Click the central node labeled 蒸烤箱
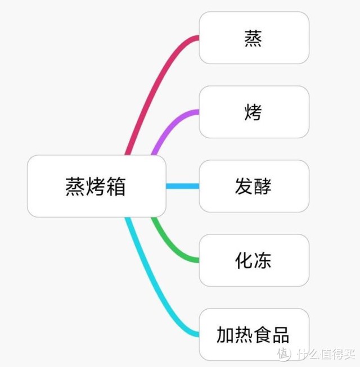pos(97,186)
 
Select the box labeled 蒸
pos(254,38)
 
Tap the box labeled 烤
pos(254,112)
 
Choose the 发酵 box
pos(254,186)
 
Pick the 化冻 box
pos(254,260)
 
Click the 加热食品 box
pos(254,334)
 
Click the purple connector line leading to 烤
pos(168,126)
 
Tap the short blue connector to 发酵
pos(183,186)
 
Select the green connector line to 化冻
pos(168,246)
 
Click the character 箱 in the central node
pos(116,186)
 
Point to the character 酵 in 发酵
pos(263,186)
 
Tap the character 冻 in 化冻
pos(263,260)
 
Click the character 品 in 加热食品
pos(281,335)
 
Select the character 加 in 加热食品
pos(226,335)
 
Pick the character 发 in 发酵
pos(244,186)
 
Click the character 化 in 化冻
pos(244,260)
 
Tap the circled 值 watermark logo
pos(284,354)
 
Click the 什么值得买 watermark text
pos(326,354)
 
